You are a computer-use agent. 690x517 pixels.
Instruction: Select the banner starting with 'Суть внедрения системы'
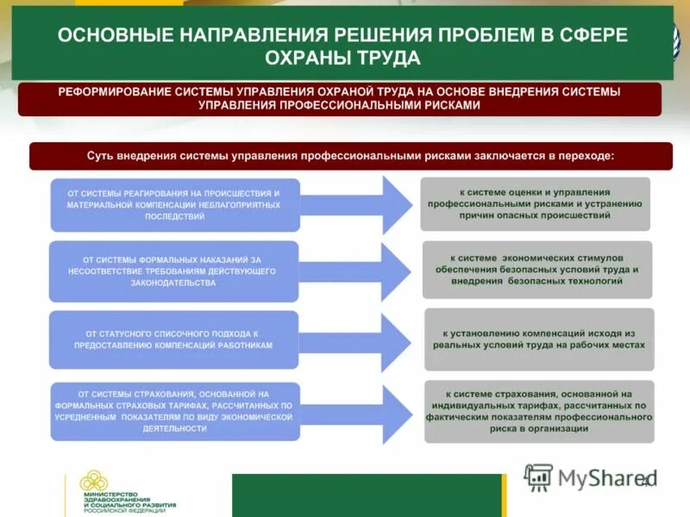pyautogui.click(x=351, y=156)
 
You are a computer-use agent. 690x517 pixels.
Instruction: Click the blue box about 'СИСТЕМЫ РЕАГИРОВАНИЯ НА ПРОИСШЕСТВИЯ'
pyautogui.click(x=175, y=205)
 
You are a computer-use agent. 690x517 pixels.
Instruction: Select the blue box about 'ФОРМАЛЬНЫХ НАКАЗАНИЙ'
pyautogui.click(x=173, y=271)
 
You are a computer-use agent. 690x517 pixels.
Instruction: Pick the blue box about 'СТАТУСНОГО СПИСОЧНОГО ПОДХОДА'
pyautogui.click(x=173, y=339)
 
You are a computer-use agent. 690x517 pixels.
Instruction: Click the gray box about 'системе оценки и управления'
pyautogui.click(x=535, y=204)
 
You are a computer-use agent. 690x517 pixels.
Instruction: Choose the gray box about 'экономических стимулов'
pyautogui.click(x=536, y=269)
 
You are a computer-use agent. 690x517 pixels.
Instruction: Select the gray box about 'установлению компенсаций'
pyautogui.click(x=539, y=339)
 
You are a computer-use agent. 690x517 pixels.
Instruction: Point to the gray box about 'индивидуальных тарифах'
pyautogui.click(x=539, y=411)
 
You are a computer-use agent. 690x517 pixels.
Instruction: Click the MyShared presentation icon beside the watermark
pyautogui.click(x=538, y=477)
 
